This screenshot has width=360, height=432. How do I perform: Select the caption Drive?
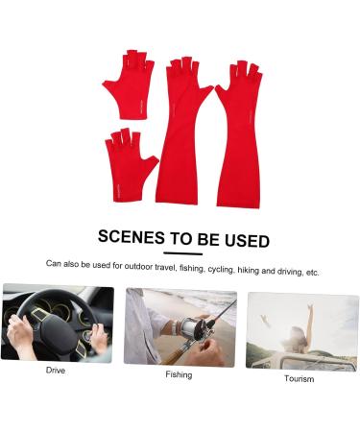(x=56, y=370)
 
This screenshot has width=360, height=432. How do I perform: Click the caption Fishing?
(x=178, y=374)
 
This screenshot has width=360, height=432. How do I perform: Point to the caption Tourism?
(x=299, y=378)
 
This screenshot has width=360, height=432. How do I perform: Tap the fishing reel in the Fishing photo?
(x=187, y=326)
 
